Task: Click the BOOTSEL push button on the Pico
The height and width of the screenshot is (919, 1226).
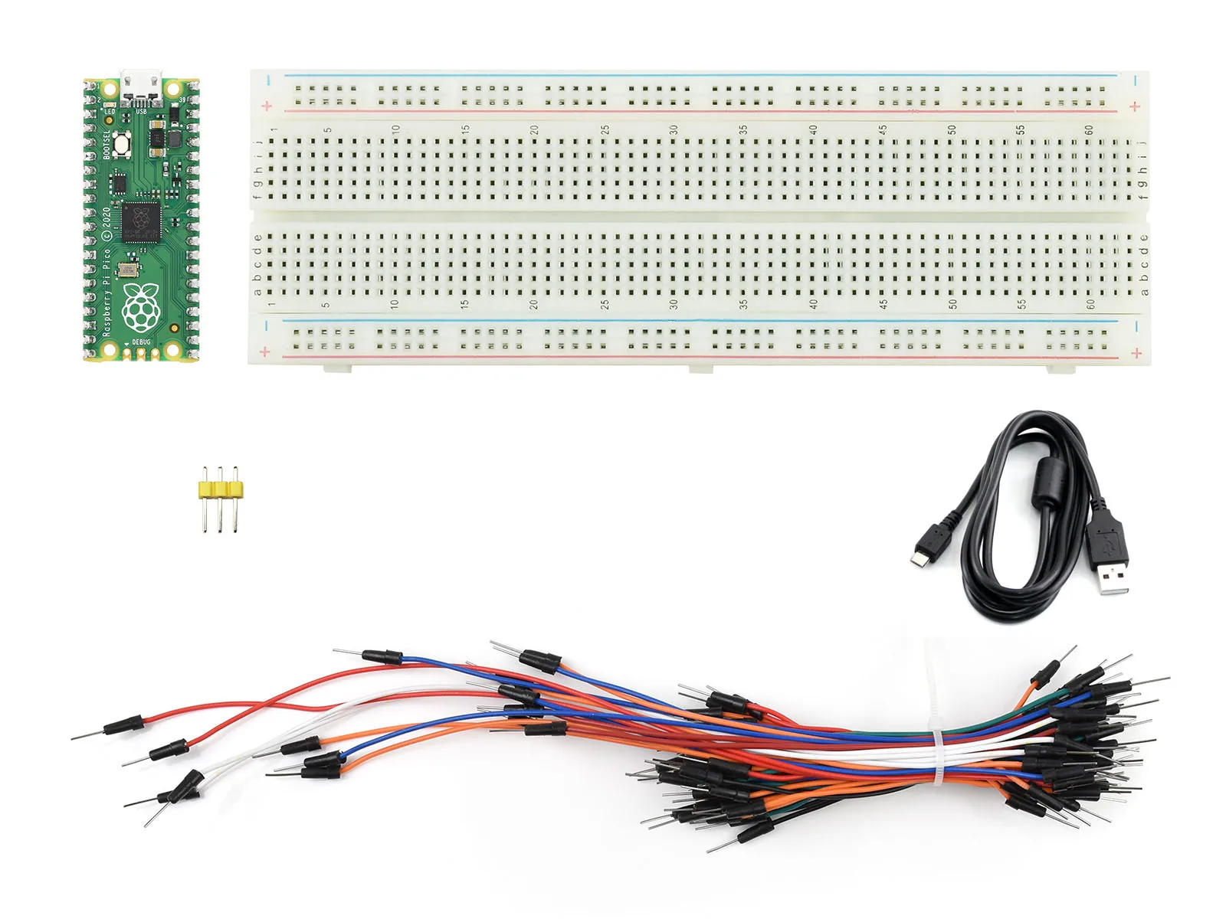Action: tap(120, 143)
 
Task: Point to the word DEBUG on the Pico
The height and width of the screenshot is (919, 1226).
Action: tap(142, 342)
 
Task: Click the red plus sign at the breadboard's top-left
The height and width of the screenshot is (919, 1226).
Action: tap(267, 106)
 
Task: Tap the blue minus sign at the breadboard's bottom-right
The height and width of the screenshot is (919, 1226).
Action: tap(1136, 327)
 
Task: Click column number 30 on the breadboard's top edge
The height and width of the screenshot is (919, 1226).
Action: tap(674, 129)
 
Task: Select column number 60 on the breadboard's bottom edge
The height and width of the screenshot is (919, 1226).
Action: tap(1090, 304)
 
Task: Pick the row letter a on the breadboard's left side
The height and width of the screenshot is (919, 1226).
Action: tap(258, 291)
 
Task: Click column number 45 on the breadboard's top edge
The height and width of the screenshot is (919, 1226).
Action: tap(883, 129)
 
